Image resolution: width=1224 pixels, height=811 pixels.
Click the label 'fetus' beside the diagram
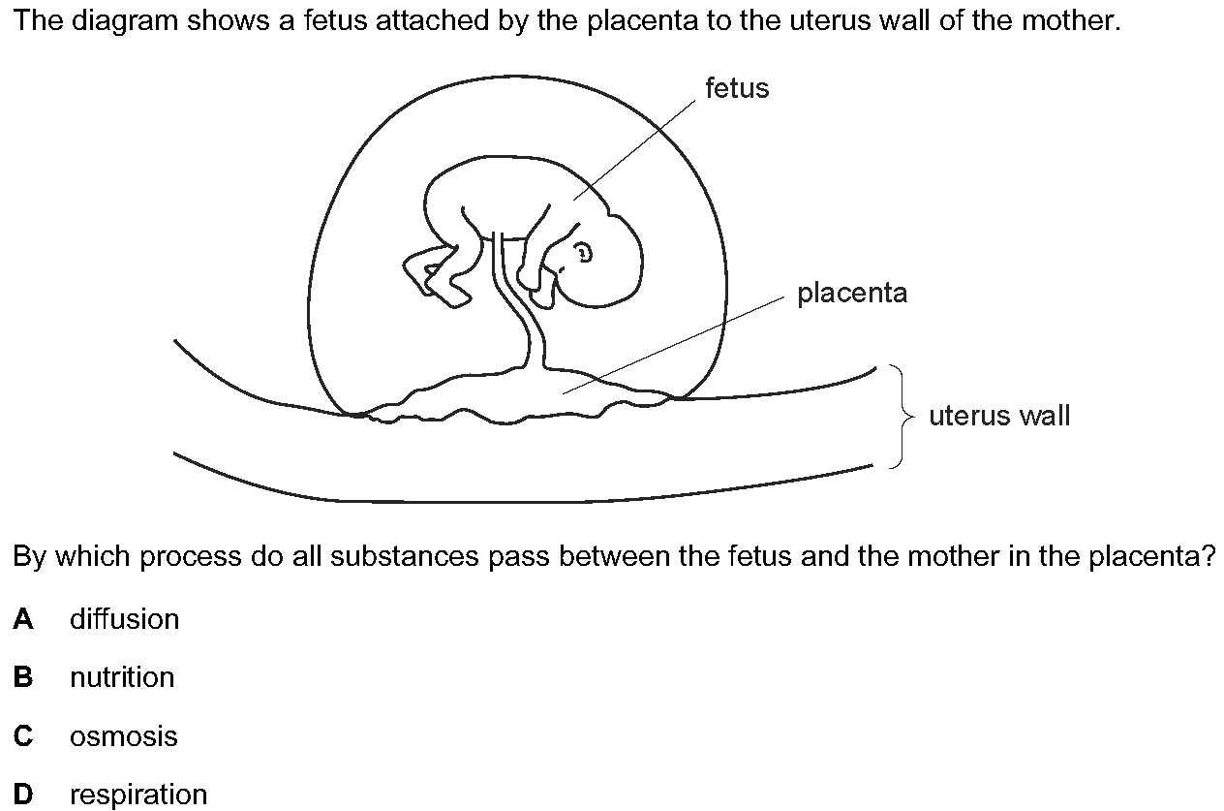(x=737, y=87)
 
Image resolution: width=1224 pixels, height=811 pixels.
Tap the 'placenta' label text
(x=852, y=293)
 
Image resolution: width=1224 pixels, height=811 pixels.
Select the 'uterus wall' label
(x=999, y=415)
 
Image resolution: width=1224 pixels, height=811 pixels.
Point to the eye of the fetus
(x=584, y=253)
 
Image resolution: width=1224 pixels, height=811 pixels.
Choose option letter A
(x=23, y=619)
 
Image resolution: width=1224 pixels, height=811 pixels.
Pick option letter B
(x=23, y=677)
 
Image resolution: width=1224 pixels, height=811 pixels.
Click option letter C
(x=23, y=736)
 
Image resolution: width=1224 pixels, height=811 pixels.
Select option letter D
(x=23, y=795)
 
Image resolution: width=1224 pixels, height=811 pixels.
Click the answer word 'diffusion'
(x=125, y=619)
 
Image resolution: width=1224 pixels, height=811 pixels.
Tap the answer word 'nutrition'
(x=122, y=677)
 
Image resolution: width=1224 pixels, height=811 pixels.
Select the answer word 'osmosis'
(x=124, y=736)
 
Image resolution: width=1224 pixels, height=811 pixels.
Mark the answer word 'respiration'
(x=138, y=795)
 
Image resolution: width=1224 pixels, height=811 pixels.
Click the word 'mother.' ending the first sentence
(x=1071, y=20)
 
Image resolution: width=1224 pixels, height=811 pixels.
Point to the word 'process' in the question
(x=191, y=557)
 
